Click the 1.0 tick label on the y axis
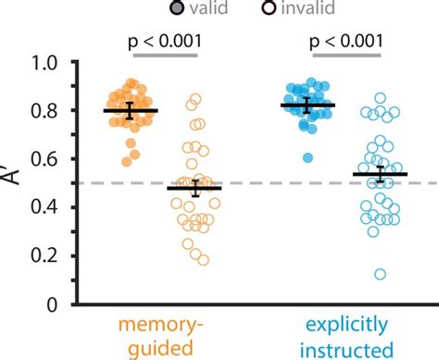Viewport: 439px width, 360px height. pyautogui.click(x=44, y=63)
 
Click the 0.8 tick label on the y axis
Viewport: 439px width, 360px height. pyautogui.click(x=44, y=111)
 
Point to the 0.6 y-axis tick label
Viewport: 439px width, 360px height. pyautogui.click(x=44, y=159)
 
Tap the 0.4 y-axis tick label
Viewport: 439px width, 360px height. pyautogui.click(x=44, y=207)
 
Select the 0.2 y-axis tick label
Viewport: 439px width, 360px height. pyautogui.click(x=44, y=255)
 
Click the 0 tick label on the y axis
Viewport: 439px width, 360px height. pyautogui.click(x=54, y=304)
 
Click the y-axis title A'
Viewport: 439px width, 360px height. pyautogui.click(x=14, y=182)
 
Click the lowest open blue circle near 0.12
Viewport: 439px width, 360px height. pyautogui.click(x=380, y=274)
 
